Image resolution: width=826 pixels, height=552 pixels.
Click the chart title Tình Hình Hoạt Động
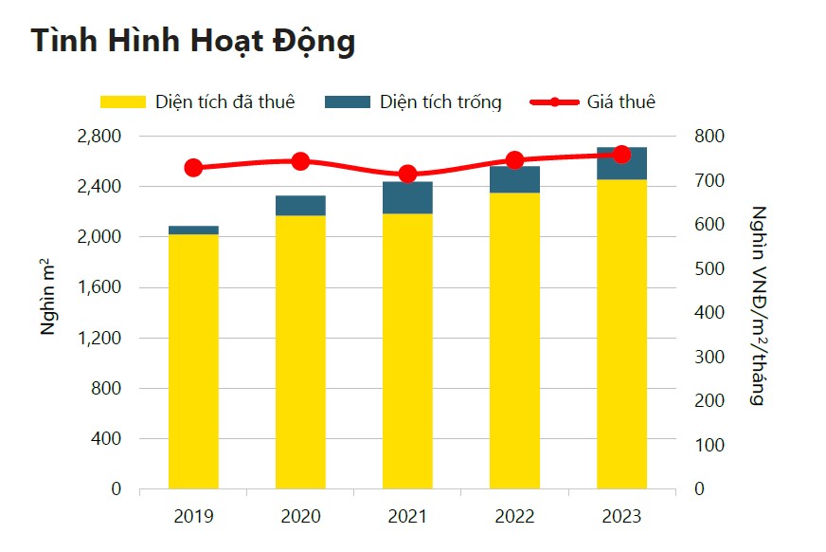192,41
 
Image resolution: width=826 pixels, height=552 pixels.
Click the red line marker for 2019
193,168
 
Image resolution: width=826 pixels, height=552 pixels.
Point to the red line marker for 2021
407,174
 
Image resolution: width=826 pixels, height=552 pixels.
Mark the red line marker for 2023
621,155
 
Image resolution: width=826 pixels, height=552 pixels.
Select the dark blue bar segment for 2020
300,206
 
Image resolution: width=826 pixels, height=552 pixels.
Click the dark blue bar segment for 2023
621,163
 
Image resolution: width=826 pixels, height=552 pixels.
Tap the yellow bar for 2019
193,360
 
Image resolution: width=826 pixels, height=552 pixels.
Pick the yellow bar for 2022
514,341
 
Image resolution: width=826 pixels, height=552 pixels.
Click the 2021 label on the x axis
407,517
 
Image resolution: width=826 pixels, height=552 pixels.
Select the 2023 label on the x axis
621,517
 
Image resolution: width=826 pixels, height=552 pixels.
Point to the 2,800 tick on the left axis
98,137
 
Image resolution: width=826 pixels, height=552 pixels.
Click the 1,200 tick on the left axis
98,338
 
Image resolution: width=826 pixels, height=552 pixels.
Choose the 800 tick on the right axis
709,137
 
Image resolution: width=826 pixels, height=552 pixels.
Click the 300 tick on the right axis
709,357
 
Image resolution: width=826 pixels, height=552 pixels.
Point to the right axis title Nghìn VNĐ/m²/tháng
757,305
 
